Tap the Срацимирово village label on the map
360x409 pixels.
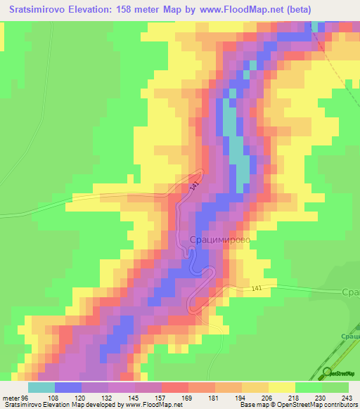[x=219, y=240]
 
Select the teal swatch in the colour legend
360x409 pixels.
[x=41, y=387]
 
